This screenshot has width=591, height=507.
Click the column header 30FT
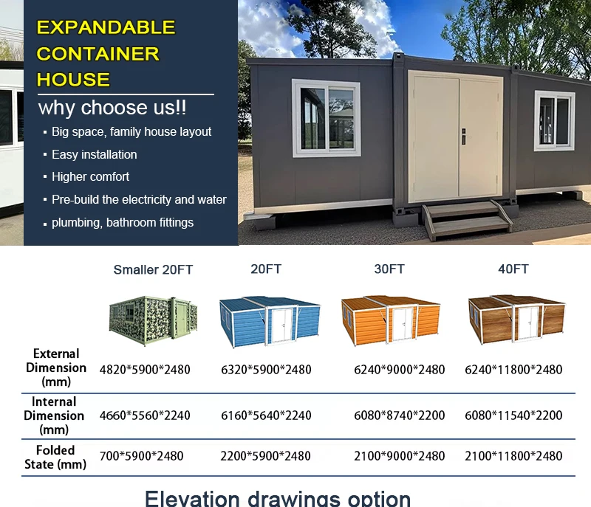[389, 269]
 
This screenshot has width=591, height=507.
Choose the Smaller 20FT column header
[153, 270]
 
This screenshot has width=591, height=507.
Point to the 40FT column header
[513, 269]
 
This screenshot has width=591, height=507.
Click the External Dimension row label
[55, 368]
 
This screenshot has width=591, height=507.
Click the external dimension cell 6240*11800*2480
[513, 370]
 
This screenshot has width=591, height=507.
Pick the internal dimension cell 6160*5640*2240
[266, 415]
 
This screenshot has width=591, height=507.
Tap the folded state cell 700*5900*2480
[142, 456]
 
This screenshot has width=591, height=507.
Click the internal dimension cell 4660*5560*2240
[145, 415]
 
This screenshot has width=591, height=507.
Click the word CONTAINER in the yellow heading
[98, 54]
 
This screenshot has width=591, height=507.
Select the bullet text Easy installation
[94, 154]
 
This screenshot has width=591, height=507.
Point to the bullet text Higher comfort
[90, 176]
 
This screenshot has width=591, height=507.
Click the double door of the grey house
[457, 137]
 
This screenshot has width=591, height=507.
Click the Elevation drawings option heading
[278, 497]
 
